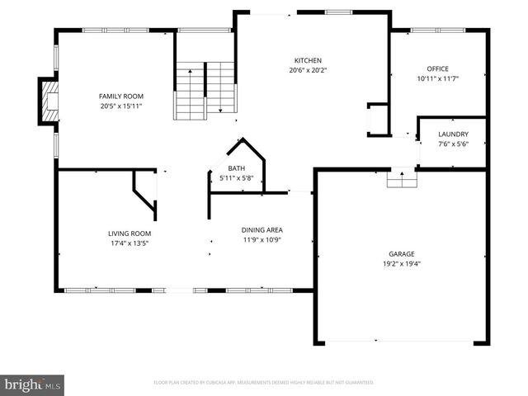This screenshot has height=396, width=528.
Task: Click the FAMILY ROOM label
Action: tap(121, 97)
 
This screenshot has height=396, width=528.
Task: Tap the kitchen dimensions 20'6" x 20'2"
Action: tap(308, 70)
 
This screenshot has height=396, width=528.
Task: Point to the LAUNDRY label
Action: tap(453, 134)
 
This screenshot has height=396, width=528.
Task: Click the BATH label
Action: tap(237, 168)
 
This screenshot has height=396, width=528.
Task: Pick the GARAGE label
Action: tap(402, 253)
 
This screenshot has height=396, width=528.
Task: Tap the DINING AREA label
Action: tap(262, 229)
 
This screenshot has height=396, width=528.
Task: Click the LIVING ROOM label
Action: tap(129, 233)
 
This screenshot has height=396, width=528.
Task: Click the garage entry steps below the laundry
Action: tap(402, 177)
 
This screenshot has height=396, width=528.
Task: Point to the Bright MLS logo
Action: tap(33, 384)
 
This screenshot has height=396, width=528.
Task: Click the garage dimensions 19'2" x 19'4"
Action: tap(402, 264)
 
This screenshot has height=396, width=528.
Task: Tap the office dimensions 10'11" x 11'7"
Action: tap(437, 78)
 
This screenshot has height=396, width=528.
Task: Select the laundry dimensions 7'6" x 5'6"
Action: tap(453, 144)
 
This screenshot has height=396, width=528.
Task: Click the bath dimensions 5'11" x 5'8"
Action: tap(237, 178)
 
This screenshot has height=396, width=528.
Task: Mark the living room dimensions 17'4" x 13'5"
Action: tap(129, 243)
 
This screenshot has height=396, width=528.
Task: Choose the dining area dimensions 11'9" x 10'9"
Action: tap(262, 239)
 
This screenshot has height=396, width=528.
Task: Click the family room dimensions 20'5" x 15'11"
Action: tap(121, 106)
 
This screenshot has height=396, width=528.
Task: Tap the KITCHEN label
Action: tap(308, 60)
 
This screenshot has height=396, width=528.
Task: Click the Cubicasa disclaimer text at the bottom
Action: tap(264, 383)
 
